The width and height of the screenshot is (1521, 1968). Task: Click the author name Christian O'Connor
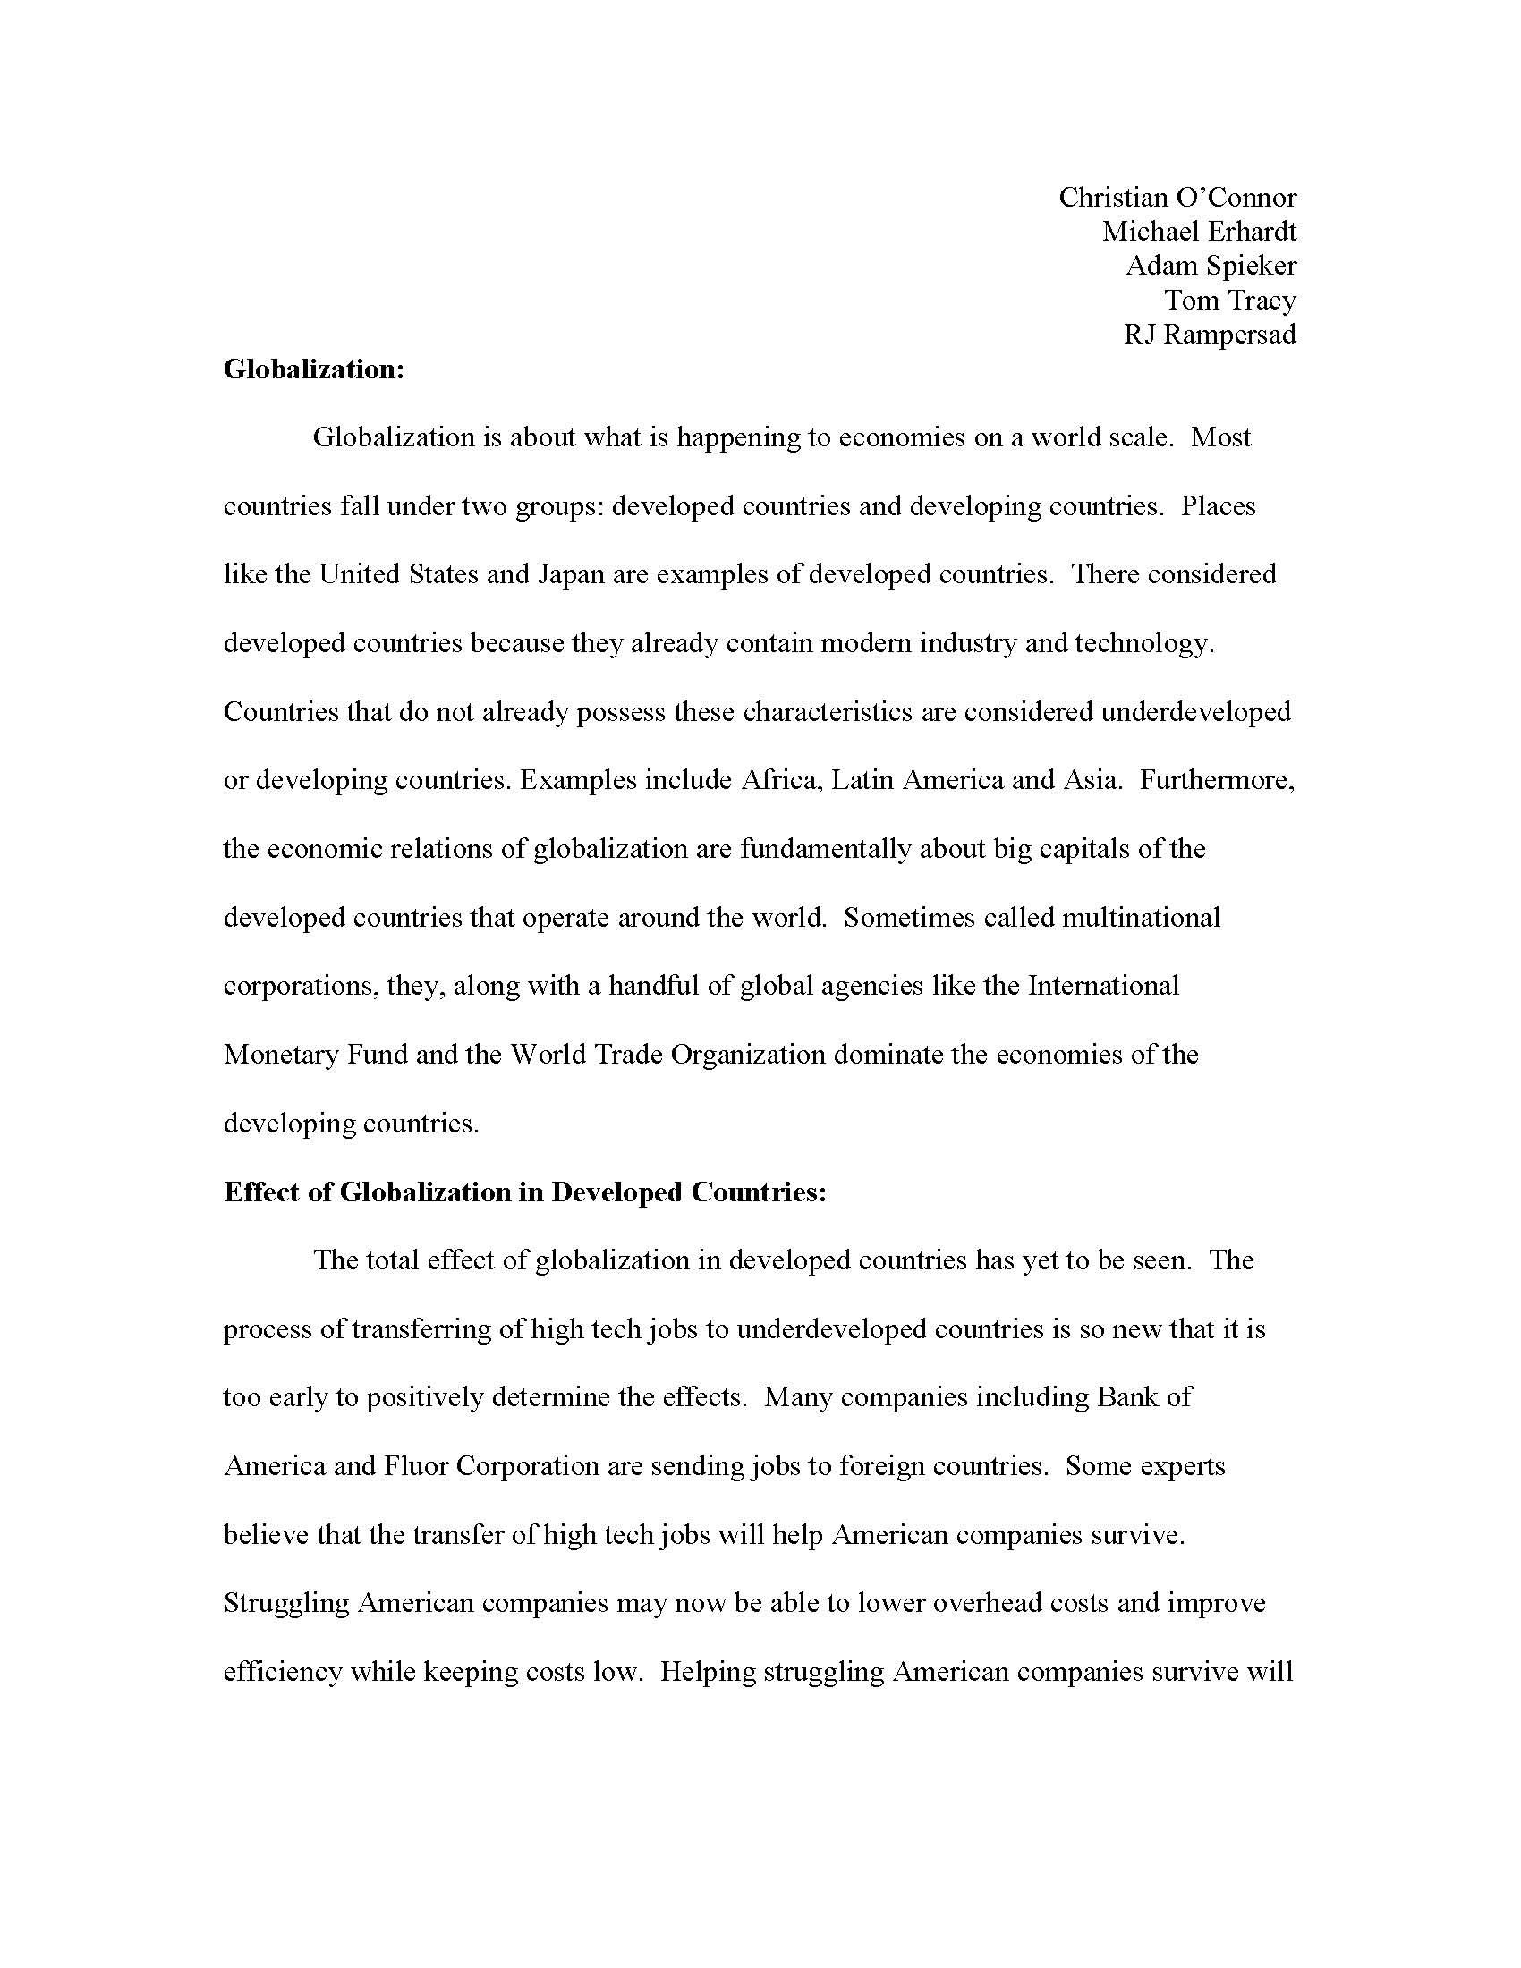tap(1177, 198)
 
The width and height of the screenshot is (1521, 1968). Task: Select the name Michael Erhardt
tap(1198, 232)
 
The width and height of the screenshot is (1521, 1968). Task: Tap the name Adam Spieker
tap(1211, 266)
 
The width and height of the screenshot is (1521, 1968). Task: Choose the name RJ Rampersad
tap(1210, 335)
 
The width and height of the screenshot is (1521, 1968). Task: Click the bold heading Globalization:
tap(313, 369)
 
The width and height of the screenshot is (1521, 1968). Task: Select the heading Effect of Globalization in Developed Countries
tap(524, 1192)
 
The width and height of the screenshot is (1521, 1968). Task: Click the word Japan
tap(571, 574)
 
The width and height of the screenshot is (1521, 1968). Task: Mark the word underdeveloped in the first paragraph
tap(1195, 712)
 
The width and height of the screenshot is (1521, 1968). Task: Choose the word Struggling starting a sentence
tap(285, 1604)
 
